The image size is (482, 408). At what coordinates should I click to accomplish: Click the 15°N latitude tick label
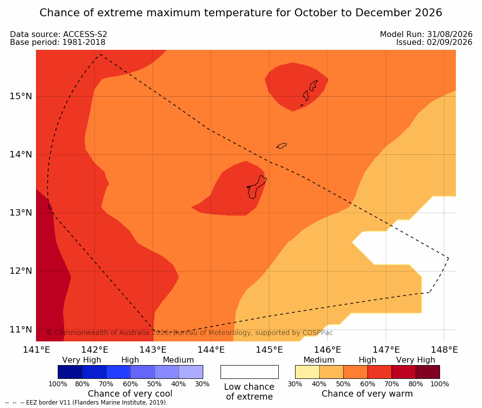[x=21, y=96]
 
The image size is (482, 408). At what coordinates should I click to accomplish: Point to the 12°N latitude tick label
[x=21, y=271]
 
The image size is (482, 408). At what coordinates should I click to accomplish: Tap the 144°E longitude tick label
[x=211, y=350]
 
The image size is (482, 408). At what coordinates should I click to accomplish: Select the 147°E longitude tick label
[x=386, y=350]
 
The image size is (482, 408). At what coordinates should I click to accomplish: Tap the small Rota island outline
[x=282, y=146]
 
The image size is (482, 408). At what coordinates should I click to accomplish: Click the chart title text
[x=241, y=13]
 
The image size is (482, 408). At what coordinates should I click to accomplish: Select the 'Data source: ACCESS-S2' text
[x=58, y=34]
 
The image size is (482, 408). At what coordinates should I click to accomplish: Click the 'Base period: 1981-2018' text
[x=58, y=42]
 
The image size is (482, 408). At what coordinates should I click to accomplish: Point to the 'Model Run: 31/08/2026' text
[x=426, y=34]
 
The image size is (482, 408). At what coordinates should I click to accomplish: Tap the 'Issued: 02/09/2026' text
[x=434, y=42]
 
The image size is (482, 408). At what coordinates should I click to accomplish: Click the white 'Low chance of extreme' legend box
[x=250, y=372]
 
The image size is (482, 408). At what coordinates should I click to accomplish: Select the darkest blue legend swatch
[x=70, y=372]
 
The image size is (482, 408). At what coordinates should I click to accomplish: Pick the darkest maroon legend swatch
[x=428, y=372]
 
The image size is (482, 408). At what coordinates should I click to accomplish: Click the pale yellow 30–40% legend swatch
[x=307, y=372]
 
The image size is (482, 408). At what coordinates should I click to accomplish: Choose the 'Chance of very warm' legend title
[x=367, y=394]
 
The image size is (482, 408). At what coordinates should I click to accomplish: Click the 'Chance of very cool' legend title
[x=130, y=394]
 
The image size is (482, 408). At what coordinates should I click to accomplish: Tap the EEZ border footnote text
[x=86, y=403]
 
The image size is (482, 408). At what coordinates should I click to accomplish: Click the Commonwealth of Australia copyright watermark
[x=189, y=333]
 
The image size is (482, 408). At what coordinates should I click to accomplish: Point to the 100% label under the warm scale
[x=440, y=384]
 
